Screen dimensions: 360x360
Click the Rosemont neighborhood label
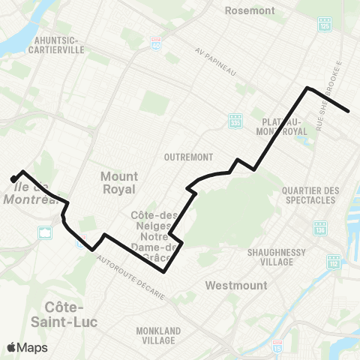[x=250, y=11]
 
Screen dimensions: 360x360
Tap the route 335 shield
[x=235, y=120]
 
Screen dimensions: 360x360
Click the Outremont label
[x=184, y=157]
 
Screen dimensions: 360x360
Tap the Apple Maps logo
[x=27, y=347]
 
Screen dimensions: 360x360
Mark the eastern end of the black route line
[x=349, y=112]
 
